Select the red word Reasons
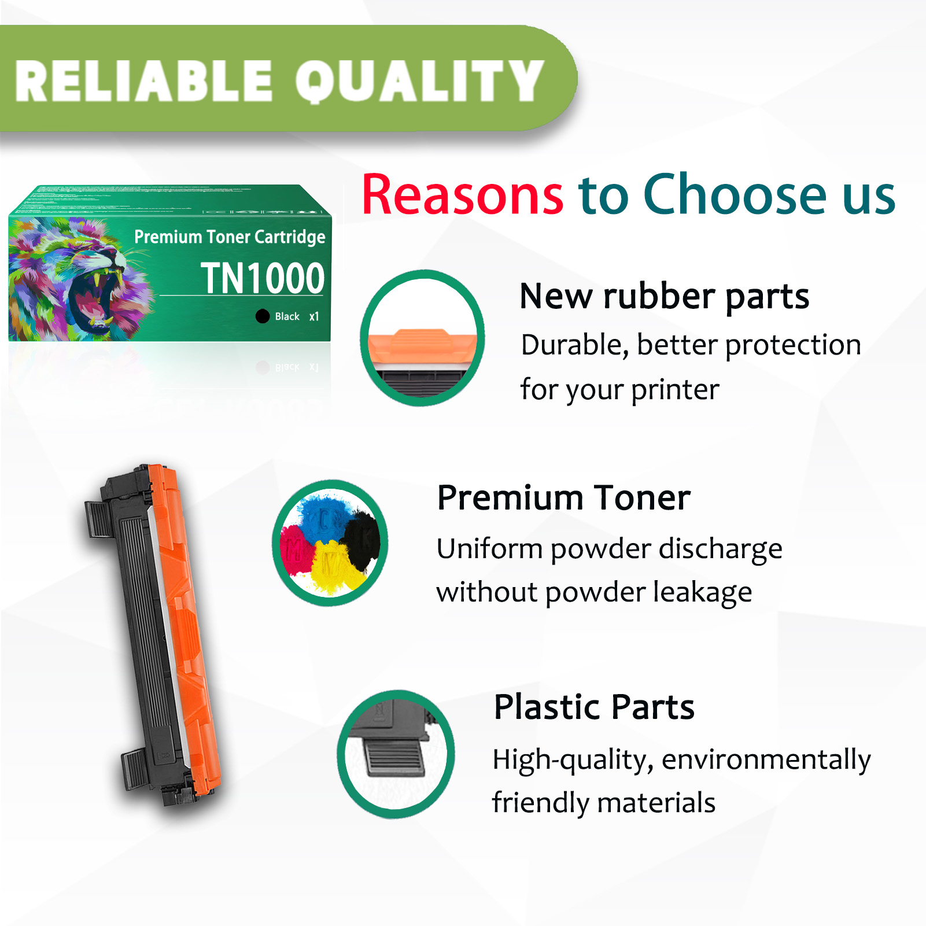pyautogui.click(x=462, y=195)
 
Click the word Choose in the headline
pyautogui.click(x=735, y=195)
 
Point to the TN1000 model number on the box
pyautogui.click(x=263, y=278)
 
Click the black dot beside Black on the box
pyautogui.click(x=263, y=316)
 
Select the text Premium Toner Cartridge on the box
pyautogui.click(x=230, y=237)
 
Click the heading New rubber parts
pyautogui.click(x=664, y=296)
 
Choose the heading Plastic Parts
pyautogui.click(x=594, y=707)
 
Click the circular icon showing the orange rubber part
pyautogui.click(x=422, y=338)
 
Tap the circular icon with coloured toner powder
pyautogui.click(x=330, y=543)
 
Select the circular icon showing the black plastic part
pyautogui.click(x=396, y=754)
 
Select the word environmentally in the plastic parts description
pyautogui.click(x=766, y=760)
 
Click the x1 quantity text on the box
pyautogui.click(x=314, y=316)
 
